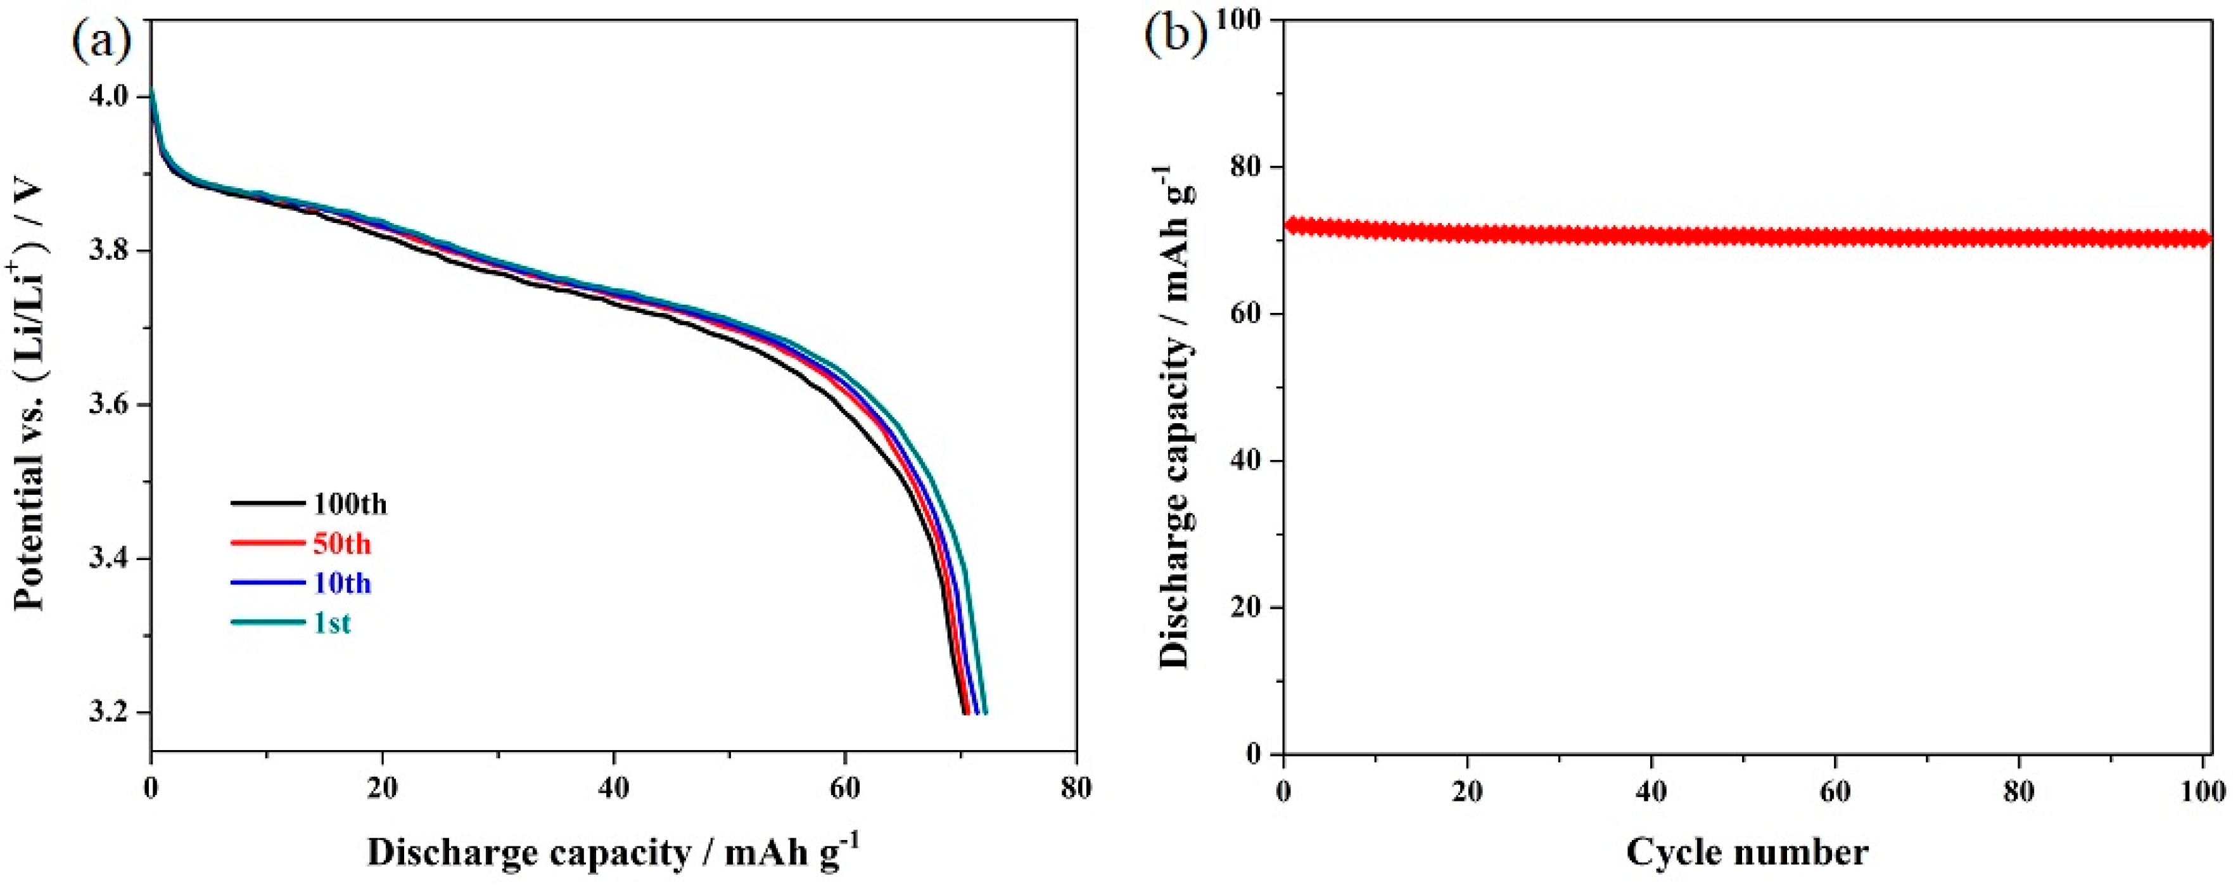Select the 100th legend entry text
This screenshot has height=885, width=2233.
pyautogui.click(x=350, y=504)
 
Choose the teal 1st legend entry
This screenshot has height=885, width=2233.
pyautogui.click(x=333, y=622)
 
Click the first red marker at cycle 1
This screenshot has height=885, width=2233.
pyautogui.click(x=1292, y=226)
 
